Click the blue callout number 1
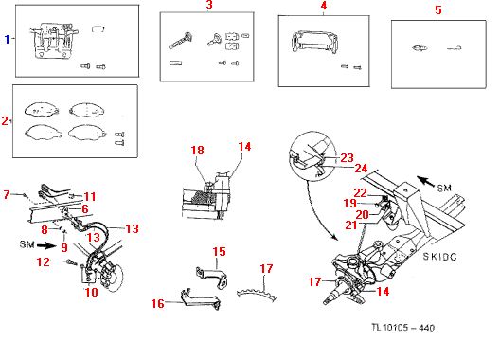pyautogui.click(x=8, y=39)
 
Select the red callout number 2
pyautogui.click(x=5, y=120)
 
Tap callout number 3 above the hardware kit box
pyautogui.click(x=209, y=5)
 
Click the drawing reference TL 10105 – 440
pyautogui.click(x=403, y=328)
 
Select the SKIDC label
pyautogui.click(x=439, y=257)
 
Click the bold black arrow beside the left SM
pyautogui.click(x=46, y=245)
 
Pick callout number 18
pyautogui.click(x=197, y=151)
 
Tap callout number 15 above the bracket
pyautogui.click(x=219, y=251)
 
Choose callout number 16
pyautogui.click(x=158, y=303)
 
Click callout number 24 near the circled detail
pyautogui.click(x=361, y=169)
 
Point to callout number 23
pyautogui.click(x=347, y=157)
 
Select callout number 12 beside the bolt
pyautogui.click(x=44, y=262)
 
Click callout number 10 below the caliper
pyautogui.click(x=91, y=292)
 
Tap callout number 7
pyautogui.click(x=7, y=194)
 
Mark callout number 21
pyautogui.click(x=351, y=225)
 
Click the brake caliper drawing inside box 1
pyautogui.click(x=54, y=41)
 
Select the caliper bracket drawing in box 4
pyautogui.click(x=314, y=42)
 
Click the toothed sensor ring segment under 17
pyautogui.click(x=257, y=294)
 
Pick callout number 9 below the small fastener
pyautogui.click(x=64, y=247)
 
